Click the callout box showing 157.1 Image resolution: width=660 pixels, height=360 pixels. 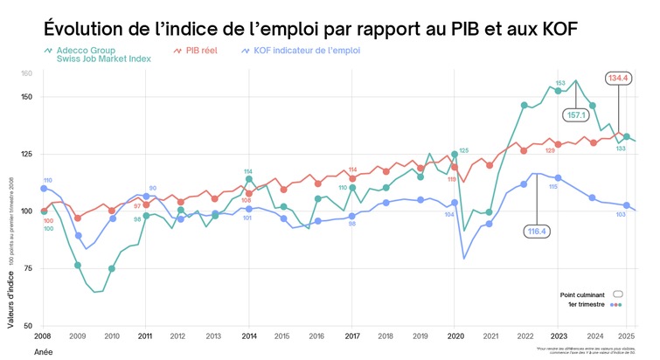[578, 115]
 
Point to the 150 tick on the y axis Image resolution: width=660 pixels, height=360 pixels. [26, 97]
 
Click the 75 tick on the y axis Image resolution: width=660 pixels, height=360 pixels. [28, 268]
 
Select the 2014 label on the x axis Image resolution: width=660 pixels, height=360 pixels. [247, 336]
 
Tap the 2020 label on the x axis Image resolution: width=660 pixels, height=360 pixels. [454, 336]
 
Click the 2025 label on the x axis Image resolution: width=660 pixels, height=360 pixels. [626, 336]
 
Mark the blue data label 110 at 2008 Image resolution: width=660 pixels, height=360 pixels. [47, 180]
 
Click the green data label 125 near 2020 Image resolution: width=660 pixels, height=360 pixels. [463, 151]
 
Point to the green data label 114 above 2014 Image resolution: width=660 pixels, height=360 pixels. [248, 171]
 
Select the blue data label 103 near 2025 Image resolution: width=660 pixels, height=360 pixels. [621, 214]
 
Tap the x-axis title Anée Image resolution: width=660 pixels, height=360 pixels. [43, 350]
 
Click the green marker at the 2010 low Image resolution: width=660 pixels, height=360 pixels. [112, 268]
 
